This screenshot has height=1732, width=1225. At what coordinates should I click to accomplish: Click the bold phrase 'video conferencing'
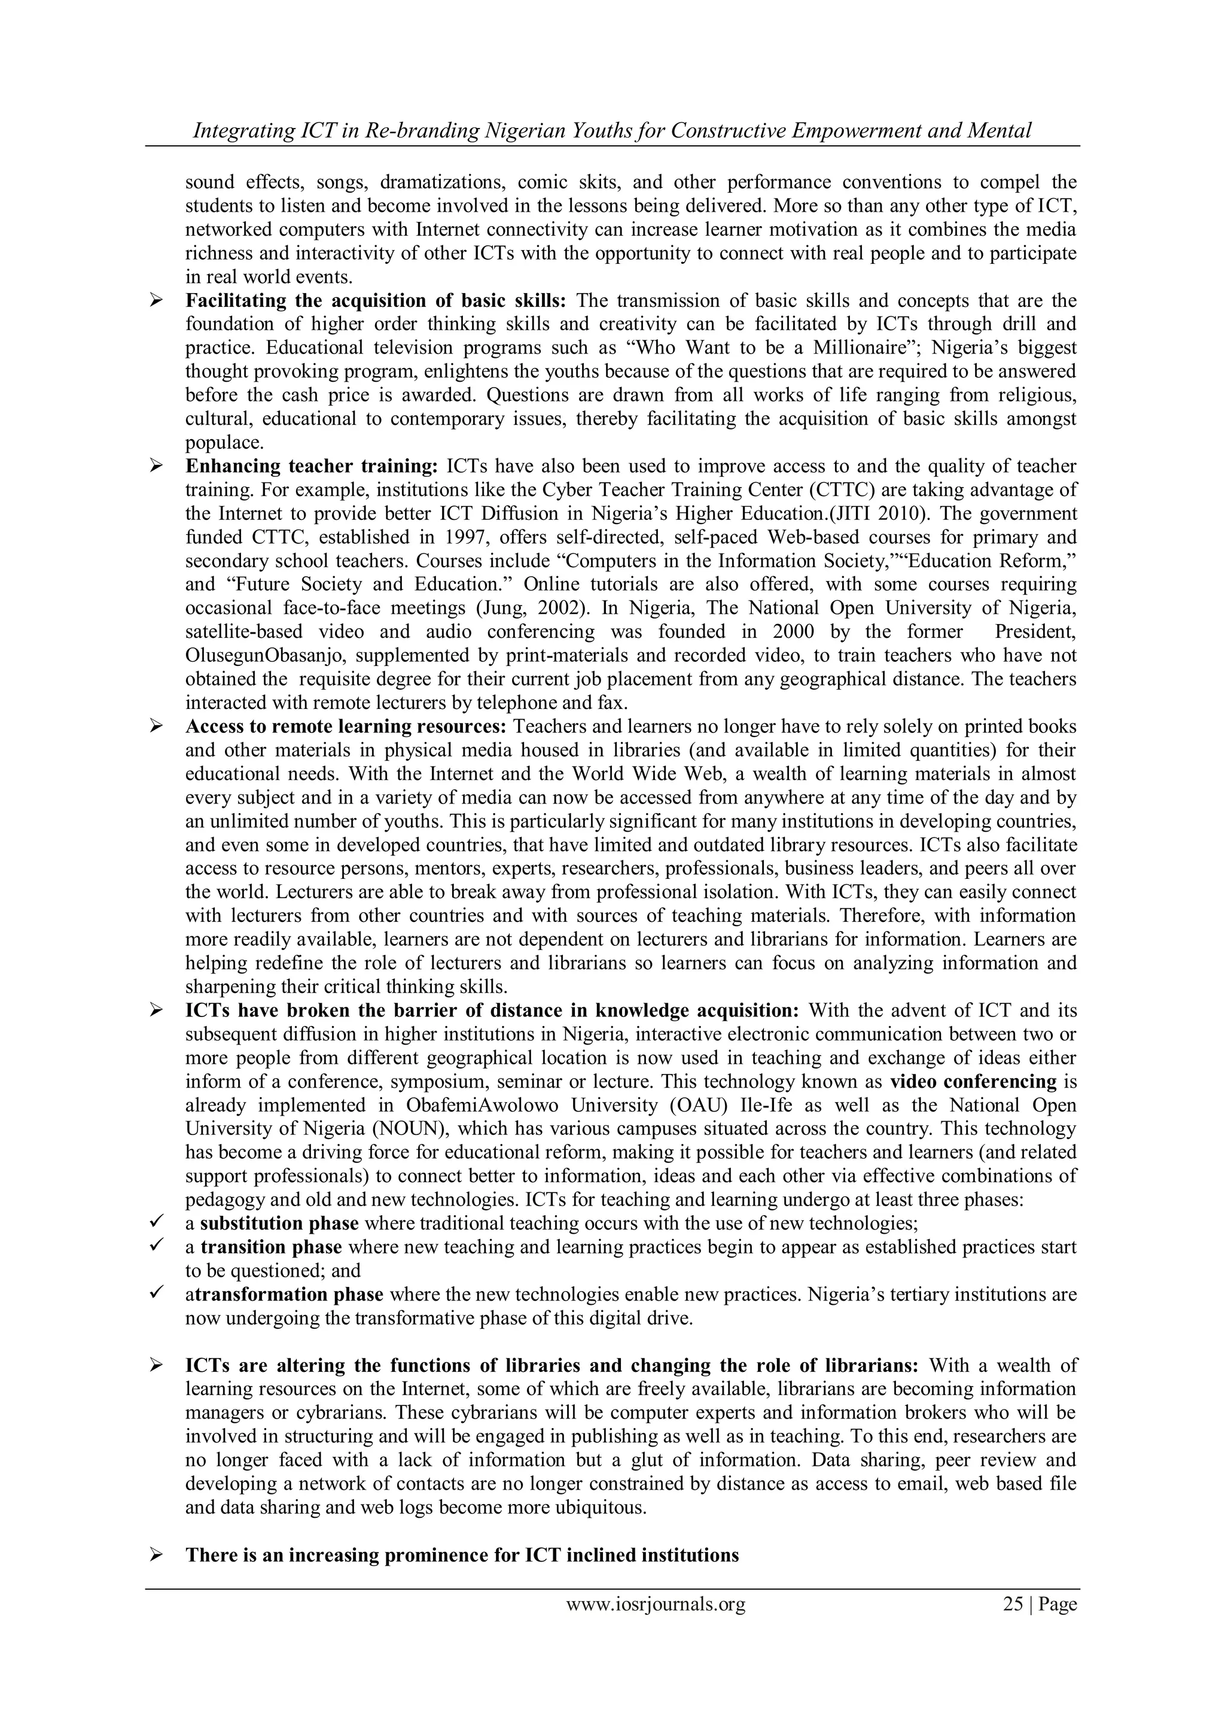tap(973, 1081)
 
